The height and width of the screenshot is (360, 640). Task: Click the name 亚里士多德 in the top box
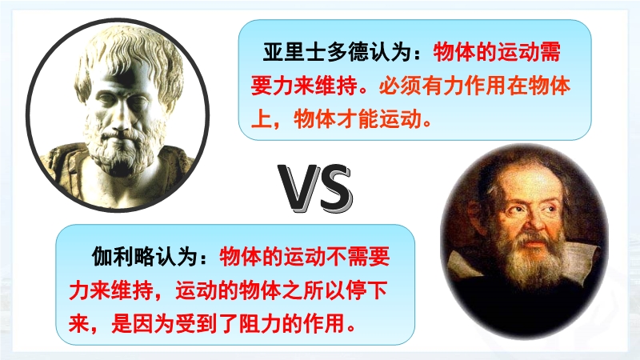[316, 53]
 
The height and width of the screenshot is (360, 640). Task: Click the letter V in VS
[298, 187]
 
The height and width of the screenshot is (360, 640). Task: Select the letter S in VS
[334, 188]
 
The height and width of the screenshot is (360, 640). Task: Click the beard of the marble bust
[122, 147]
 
